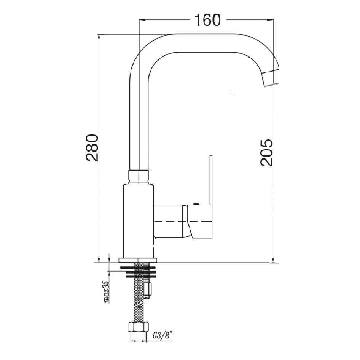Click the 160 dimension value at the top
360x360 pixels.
coord(207,20)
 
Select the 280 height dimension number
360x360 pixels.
coord(92,147)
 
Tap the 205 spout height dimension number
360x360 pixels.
coord(267,152)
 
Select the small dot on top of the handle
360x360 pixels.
coord(196,205)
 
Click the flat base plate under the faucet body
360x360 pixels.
coord(138,261)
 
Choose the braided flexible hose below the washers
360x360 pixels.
coord(138,301)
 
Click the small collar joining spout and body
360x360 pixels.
coord(138,176)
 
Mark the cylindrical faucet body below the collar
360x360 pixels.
coord(138,219)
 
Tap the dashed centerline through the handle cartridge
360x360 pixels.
coord(183,221)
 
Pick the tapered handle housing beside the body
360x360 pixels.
coord(171,221)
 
